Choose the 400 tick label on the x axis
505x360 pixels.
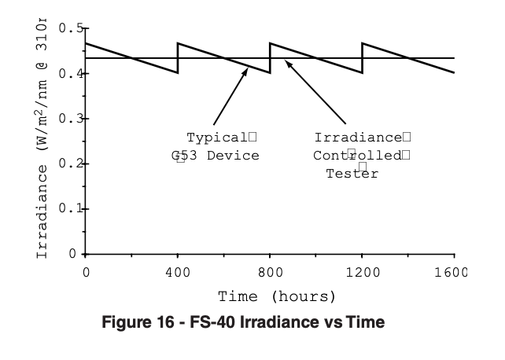[x=178, y=272]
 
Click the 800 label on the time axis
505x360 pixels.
[x=270, y=272]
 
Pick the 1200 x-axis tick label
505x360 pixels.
[x=362, y=272]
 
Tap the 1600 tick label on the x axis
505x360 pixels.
[x=453, y=272]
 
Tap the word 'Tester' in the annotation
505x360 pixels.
[x=352, y=174]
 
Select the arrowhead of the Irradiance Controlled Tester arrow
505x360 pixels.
[x=287, y=63]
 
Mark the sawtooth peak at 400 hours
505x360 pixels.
[x=179, y=43]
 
